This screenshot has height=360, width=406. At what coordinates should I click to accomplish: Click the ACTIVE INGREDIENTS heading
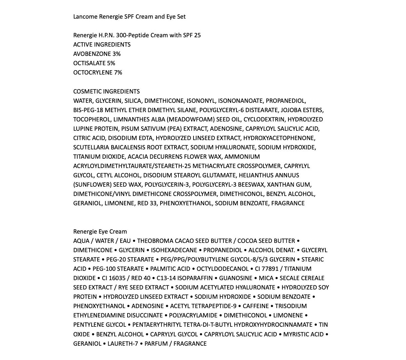tap(102, 45)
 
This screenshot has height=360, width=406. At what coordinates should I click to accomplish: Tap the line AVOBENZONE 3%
tap(97, 54)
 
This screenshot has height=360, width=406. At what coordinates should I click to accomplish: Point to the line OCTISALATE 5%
tap(94, 63)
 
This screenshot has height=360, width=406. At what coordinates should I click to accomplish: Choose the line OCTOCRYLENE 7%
tap(98, 73)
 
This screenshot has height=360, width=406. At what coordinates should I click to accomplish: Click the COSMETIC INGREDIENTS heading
tap(107, 91)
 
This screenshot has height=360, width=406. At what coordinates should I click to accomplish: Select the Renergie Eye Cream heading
tap(100, 232)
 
